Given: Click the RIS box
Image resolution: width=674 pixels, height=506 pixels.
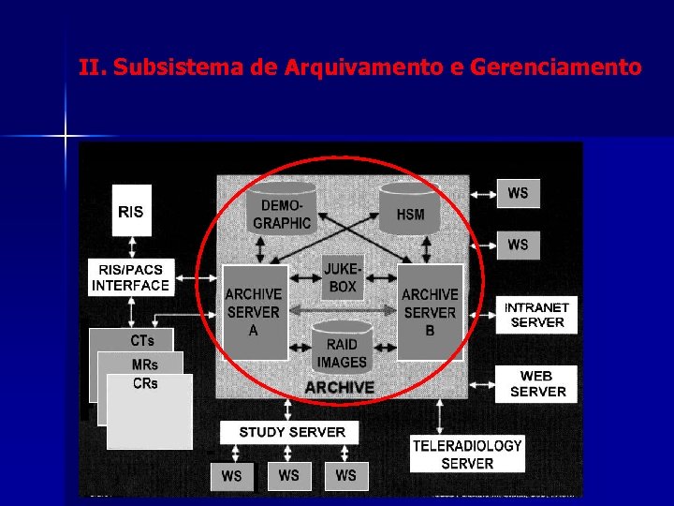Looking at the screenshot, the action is (132, 212).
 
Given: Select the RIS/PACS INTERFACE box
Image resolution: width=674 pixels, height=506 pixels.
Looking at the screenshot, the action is (131, 278).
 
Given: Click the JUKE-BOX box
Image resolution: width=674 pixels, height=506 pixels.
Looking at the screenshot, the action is (343, 278).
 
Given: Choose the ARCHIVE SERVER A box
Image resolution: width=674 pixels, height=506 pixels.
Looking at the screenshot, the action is (254, 312).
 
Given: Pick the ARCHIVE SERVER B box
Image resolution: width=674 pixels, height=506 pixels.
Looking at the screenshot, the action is (430, 312).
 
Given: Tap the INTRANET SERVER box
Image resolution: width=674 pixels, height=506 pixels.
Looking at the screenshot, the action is (536, 315).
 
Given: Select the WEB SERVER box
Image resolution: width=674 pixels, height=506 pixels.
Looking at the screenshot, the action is (536, 384).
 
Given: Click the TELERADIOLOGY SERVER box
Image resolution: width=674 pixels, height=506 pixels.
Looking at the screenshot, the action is (467, 454).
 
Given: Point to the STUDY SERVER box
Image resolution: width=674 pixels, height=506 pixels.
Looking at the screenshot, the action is (292, 432).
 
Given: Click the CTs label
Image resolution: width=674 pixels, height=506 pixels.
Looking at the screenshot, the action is (142, 340).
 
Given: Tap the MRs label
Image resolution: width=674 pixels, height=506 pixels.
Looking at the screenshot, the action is (145, 365).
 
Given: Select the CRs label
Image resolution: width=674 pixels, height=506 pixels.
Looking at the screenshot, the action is (145, 383).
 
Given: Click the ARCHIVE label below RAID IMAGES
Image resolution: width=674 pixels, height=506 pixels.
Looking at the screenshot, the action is (339, 387).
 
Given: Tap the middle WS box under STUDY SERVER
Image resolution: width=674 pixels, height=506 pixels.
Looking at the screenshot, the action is (289, 475).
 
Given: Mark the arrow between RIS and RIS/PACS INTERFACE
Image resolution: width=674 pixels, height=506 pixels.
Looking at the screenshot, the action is (132, 246).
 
